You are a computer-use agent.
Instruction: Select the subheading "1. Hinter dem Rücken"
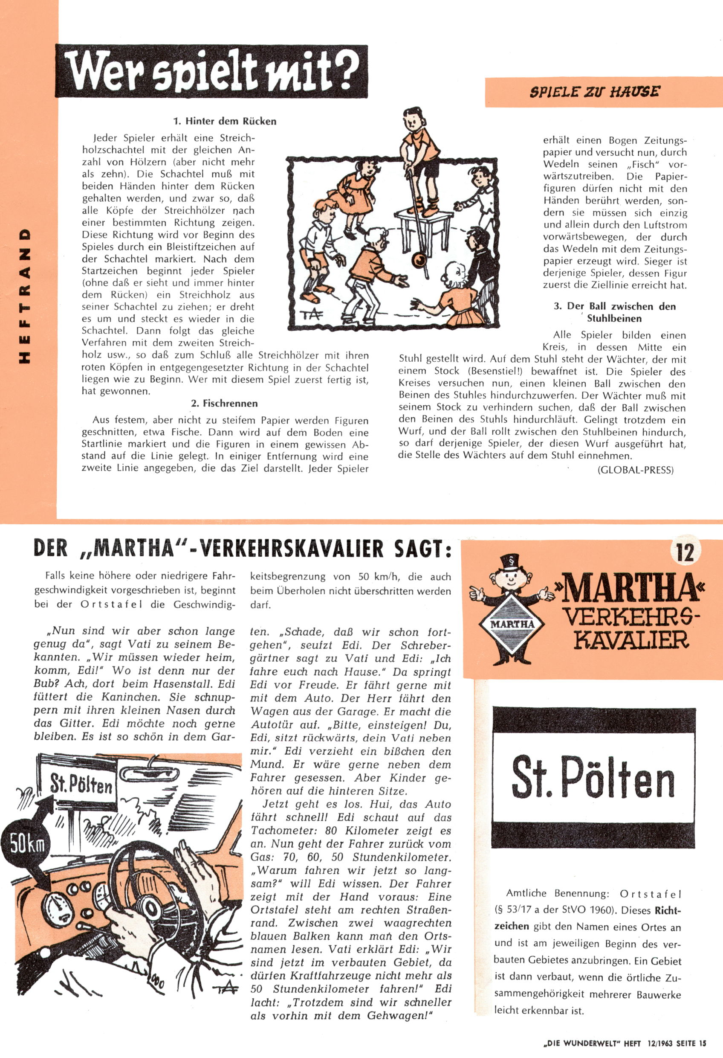click(224, 122)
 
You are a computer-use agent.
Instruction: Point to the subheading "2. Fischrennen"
click(224, 403)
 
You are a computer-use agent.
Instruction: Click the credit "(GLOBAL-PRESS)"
click(635, 470)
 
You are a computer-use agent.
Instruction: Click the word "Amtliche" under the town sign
click(528, 894)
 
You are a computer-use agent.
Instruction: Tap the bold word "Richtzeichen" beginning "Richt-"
click(669, 910)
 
